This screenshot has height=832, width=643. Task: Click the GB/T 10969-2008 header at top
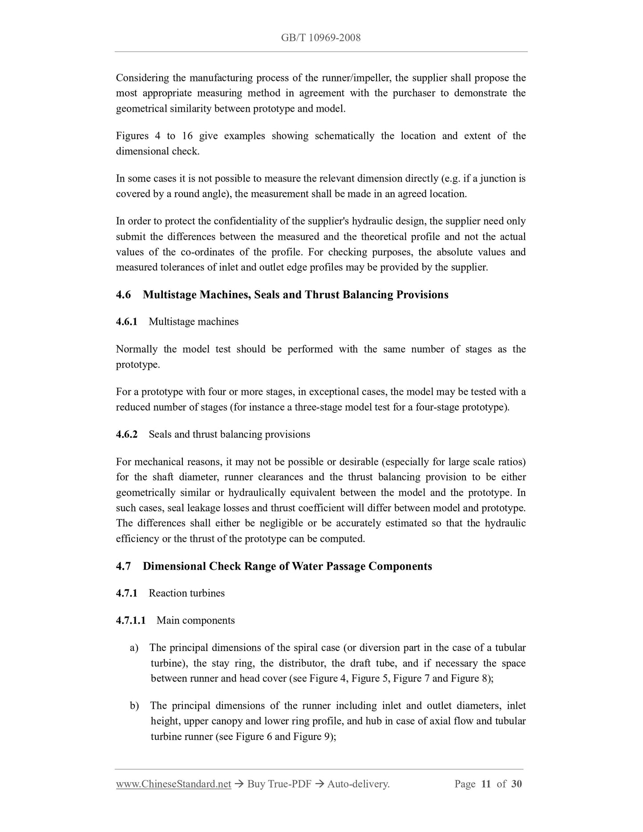(x=321, y=38)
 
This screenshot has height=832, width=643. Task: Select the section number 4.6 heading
(x=124, y=295)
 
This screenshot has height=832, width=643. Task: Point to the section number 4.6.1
(x=127, y=322)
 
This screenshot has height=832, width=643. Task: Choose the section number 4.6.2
(x=127, y=434)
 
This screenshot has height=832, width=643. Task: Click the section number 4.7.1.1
(x=131, y=620)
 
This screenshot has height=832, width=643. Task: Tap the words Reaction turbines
(x=186, y=593)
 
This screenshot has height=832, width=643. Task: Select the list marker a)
(x=134, y=648)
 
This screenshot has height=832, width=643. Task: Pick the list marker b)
(x=134, y=706)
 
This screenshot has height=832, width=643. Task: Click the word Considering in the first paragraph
(x=142, y=78)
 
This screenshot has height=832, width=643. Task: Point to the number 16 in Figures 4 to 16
(x=187, y=136)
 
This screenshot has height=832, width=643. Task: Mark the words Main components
(x=195, y=620)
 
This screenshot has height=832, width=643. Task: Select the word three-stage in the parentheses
(x=318, y=407)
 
